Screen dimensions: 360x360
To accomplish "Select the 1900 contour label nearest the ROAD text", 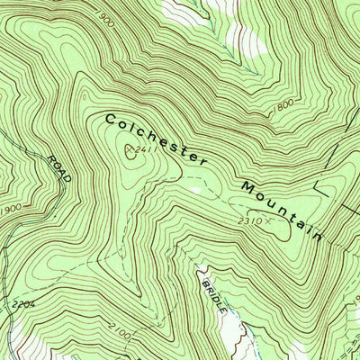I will click(x=11, y=209).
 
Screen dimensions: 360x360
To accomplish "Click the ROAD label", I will click(x=58, y=167).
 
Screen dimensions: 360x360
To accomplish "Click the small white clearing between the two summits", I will click(x=193, y=190).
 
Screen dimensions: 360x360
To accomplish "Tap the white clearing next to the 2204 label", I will click(x=18, y=337).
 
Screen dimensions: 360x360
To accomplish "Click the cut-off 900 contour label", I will click(x=106, y=19).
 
